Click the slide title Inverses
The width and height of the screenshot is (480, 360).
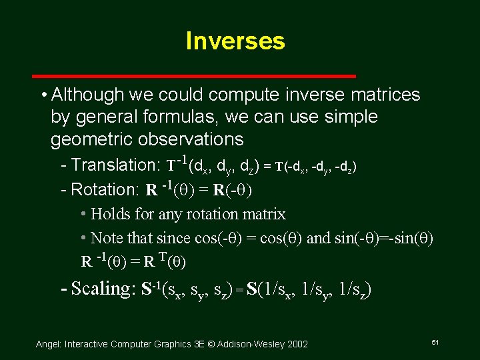[x=235, y=41]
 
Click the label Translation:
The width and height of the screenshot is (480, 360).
[x=113, y=165]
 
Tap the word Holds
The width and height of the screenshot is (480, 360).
[x=111, y=214]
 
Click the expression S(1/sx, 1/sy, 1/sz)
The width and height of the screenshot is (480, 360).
[x=308, y=290]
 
